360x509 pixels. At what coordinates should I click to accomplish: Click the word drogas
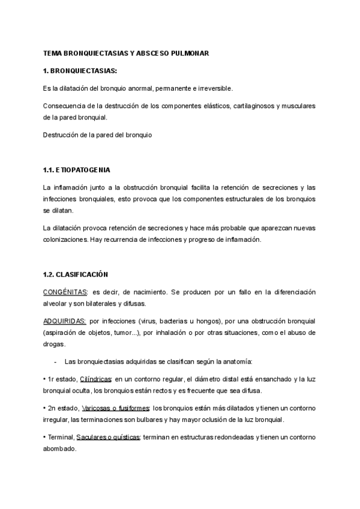point(55,344)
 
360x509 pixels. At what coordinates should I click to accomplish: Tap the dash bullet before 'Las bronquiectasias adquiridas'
point(56,361)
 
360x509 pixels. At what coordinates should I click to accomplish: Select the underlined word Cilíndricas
point(96,379)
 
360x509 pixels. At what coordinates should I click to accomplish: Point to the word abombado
point(60,448)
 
